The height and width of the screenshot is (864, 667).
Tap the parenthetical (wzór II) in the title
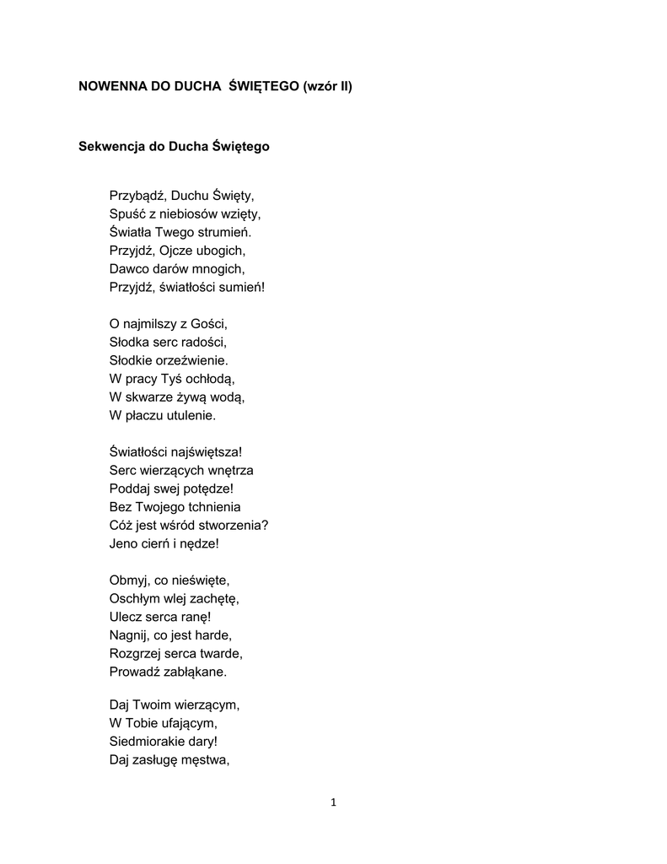coord(327,87)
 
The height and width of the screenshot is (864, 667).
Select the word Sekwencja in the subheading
coord(110,147)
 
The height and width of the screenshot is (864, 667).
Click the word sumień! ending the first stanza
coord(242,287)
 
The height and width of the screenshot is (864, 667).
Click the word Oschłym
coord(136,598)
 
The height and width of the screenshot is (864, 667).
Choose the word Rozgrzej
coord(137,653)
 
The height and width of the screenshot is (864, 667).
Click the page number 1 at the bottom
coord(334,802)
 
